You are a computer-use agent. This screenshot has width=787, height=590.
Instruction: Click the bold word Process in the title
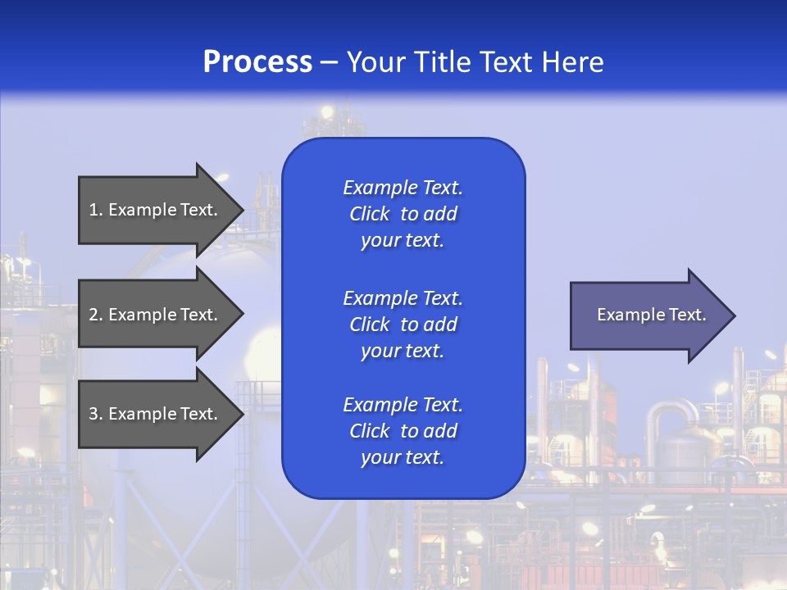(x=257, y=62)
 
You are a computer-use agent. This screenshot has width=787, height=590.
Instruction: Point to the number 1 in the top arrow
(x=93, y=210)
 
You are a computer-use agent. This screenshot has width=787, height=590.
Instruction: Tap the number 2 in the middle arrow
(x=93, y=315)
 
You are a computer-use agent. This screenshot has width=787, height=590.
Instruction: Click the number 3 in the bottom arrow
(x=93, y=414)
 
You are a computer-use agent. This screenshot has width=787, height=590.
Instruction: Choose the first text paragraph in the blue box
(x=403, y=214)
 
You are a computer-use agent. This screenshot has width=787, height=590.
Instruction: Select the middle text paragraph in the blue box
(x=403, y=324)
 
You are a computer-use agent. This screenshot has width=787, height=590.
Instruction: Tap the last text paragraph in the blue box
(x=403, y=431)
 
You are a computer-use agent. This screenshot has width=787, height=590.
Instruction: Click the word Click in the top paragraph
(x=370, y=214)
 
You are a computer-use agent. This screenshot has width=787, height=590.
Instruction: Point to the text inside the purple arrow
(x=652, y=315)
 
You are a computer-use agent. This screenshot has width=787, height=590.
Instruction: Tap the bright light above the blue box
(x=327, y=111)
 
